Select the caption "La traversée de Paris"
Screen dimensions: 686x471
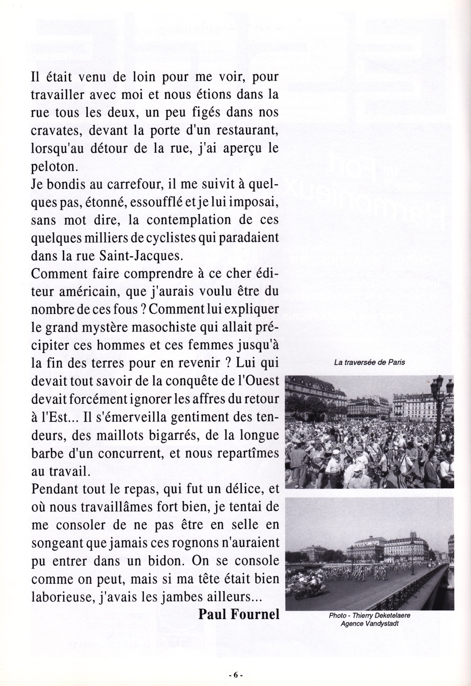[x=369, y=363]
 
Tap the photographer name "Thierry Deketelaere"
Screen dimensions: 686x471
[x=381, y=616]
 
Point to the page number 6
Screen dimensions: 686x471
[x=236, y=675]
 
